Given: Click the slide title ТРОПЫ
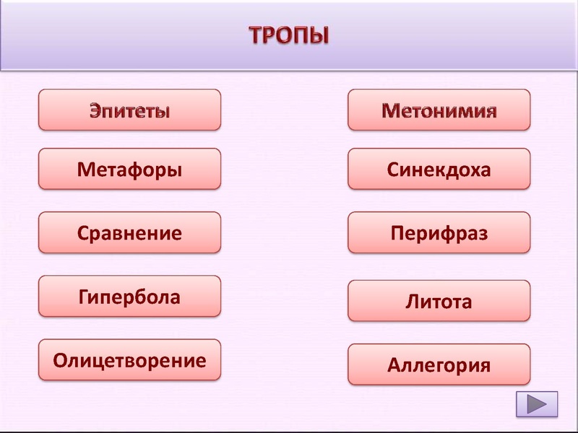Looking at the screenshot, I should pos(289,34).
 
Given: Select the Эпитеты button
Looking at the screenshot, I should pos(129,110).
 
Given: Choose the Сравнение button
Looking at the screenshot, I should pos(129,233).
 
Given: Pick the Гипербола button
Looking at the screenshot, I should pos(129,297).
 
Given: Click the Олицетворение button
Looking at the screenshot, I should pos(129,360).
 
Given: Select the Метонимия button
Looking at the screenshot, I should pos(439,110).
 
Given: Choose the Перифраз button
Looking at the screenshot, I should pos(439,233).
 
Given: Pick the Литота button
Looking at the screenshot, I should pos(439,301).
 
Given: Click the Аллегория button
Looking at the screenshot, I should pos(439,365).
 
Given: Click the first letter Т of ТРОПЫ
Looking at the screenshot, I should pos(256,35).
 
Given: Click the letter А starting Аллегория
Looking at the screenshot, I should pos(394,365).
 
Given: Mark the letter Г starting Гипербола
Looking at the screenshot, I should pos(82,297).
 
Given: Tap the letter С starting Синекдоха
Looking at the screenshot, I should pos(392,170).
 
